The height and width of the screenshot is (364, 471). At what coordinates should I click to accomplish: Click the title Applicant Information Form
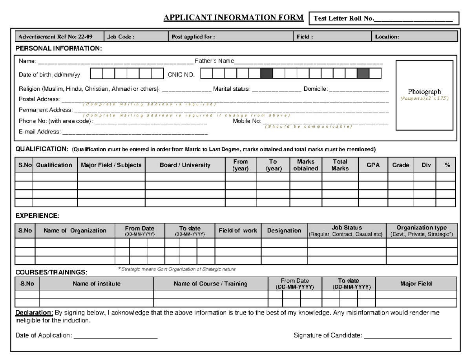pos(233,18)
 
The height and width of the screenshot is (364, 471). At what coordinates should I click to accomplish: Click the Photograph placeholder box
pos(424,95)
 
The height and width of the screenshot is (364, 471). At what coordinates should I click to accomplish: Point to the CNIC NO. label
pos(181,75)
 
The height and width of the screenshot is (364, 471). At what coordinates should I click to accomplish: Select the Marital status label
pos(231,89)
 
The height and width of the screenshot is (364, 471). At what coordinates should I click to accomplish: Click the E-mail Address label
pos(39,132)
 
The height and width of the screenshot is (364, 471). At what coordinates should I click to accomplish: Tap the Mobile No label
pos(247,121)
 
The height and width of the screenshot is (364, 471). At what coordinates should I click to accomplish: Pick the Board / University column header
pos(185,165)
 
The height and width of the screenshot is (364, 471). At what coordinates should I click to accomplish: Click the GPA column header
pos(373,165)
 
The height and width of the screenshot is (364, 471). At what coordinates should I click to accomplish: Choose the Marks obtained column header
pos(306,165)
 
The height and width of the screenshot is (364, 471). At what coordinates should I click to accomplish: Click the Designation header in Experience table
pos(284,231)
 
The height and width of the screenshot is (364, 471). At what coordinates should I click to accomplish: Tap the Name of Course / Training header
pos(210,284)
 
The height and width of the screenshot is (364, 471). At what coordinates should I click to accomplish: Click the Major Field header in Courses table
pos(416,284)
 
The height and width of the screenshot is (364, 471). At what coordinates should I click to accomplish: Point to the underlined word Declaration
pos(34,313)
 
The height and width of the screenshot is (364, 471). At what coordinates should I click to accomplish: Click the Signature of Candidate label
pos(328,335)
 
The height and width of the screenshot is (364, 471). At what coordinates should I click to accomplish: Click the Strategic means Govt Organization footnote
pos(177,269)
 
